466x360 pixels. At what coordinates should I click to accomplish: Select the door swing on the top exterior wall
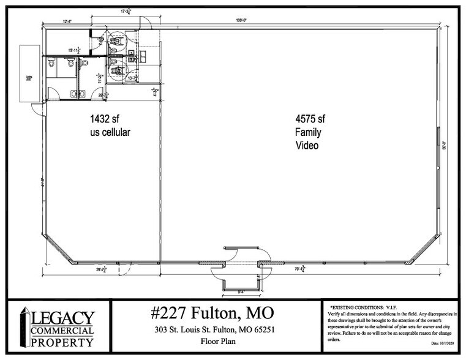point(145,22)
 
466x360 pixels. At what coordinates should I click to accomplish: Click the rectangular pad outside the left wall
point(28,74)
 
